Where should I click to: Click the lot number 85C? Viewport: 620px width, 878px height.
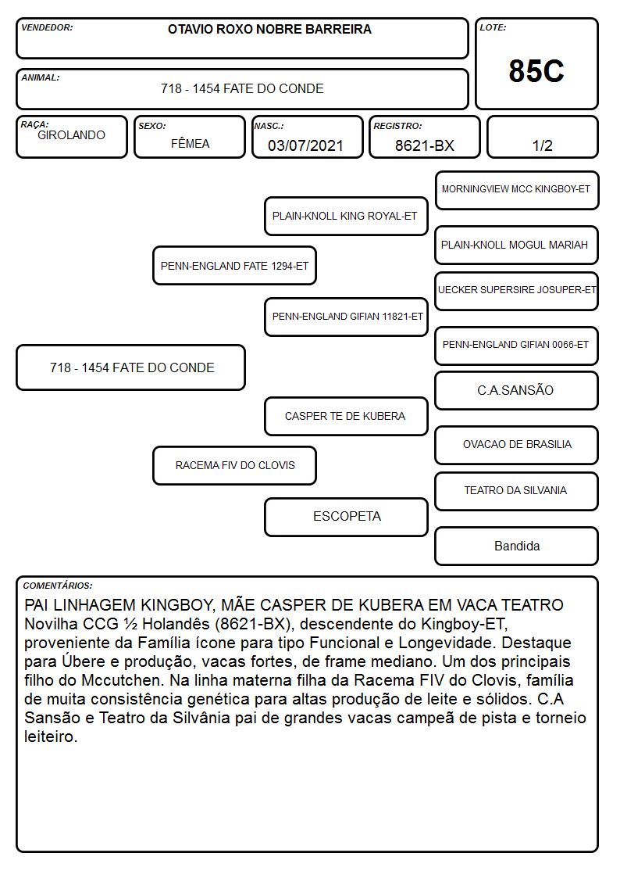[x=536, y=71]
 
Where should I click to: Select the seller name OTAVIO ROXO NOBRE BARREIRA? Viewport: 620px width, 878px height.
[x=269, y=30]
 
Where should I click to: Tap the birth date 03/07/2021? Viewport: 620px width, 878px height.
[x=305, y=145]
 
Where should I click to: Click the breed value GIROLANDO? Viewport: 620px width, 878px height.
[x=71, y=135]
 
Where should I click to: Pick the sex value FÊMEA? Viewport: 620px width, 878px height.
[x=190, y=143]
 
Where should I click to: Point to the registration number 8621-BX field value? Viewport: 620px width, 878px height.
[x=424, y=145]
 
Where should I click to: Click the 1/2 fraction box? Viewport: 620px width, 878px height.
[x=542, y=137]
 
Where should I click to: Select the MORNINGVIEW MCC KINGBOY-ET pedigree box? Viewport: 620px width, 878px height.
[x=517, y=191]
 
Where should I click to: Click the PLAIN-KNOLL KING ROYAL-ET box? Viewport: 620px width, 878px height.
[x=346, y=216]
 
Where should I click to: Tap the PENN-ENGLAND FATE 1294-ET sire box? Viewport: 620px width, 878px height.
[x=235, y=266]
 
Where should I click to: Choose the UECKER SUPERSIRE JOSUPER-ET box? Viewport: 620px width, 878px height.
[x=517, y=291]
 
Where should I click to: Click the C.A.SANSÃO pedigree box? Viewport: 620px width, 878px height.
[x=517, y=391]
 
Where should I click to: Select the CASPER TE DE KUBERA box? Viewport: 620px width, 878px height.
[x=346, y=417]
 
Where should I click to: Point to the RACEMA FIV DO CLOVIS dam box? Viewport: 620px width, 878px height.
[x=235, y=466]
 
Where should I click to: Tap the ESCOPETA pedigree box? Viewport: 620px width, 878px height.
[x=346, y=517]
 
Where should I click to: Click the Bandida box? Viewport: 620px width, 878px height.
[x=517, y=546]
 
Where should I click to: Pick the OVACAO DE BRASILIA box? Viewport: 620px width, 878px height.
[x=517, y=445]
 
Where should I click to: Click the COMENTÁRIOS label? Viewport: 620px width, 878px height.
[x=58, y=586]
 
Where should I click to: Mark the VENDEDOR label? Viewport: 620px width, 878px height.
[x=47, y=27]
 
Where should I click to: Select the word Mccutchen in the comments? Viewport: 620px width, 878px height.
[x=121, y=680]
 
